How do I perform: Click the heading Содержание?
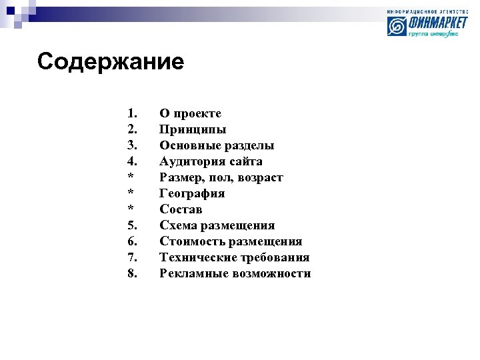[x=111, y=62]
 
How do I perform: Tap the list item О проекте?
[x=190, y=114]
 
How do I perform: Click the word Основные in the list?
[x=187, y=145]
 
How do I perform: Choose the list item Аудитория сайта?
[x=211, y=161]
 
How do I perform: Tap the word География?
[x=192, y=193]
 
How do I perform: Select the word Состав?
[x=181, y=209]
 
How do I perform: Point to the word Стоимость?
[x=191, y=241]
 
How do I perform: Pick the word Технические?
[x=198, y=257]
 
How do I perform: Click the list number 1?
[x=132, y=113]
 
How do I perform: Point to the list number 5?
[x=132, y=225]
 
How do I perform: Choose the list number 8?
[x=132, y=273]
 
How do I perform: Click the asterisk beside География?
[x=131, y=193]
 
